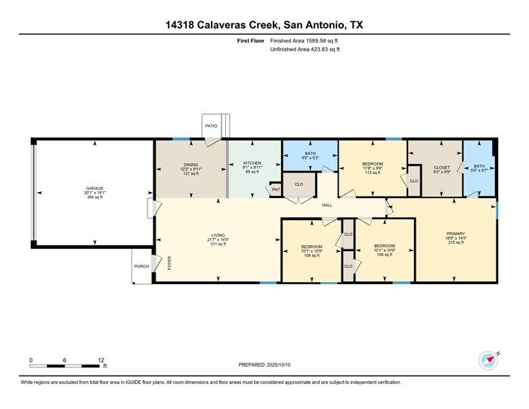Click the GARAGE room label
point(94,187)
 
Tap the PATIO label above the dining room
point(212,125)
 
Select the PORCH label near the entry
point(141,265)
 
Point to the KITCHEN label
point(252,163)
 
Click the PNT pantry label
point(276,191)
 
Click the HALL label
point(327,205)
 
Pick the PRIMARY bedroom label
point(455,234)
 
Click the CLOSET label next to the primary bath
point(442,166)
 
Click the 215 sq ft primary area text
point(455,243)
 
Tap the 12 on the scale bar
point(101,360)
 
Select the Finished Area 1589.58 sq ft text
point(305,41)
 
